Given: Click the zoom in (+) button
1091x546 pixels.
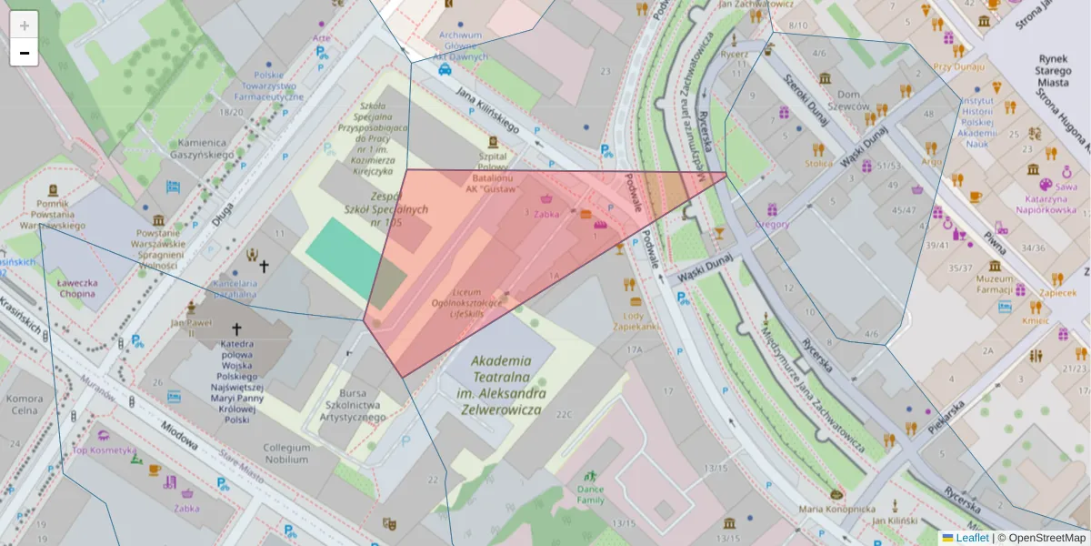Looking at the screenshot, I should [25, 25].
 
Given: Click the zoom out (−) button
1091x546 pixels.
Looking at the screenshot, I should [25, 53].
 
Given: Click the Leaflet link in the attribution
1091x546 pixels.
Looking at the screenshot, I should [972, 538].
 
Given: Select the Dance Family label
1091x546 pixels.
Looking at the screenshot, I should [590, 494].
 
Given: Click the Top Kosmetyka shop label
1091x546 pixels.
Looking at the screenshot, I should [105, 450].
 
